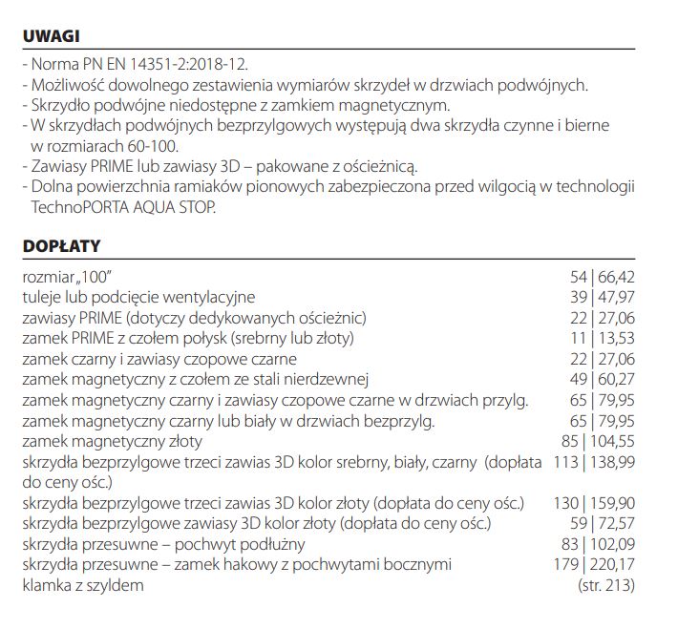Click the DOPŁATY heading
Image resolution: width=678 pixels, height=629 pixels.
pyautogui.click(x=61, y=246)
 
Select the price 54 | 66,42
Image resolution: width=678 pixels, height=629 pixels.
pyautogui.click(x=603, y=277)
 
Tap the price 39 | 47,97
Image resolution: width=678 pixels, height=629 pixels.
pyautogui.click(x=603, y=297)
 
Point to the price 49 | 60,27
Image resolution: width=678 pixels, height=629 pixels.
pyautogui.click(x=603, y=379)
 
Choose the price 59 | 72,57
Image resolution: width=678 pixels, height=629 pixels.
pyautogui.click(x=603, y=523)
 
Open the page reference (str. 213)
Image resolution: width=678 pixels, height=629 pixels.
pyautogui.click(x=606, y=585)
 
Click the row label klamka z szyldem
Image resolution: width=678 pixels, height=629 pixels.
pyautogui.click(x=83, y=585)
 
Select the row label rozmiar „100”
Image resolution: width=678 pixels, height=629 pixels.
pyautogui.click(x=74, y=277)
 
